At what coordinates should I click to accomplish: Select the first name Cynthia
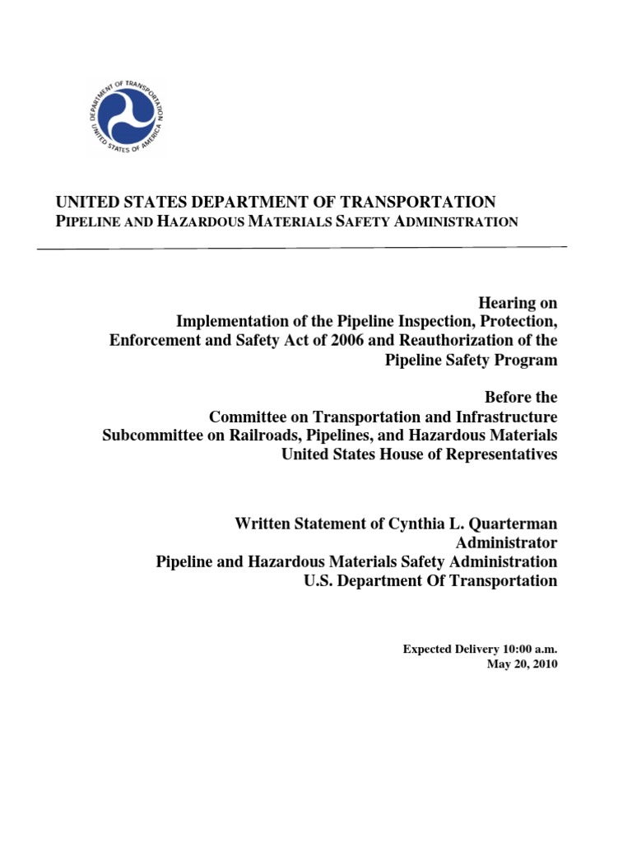click(383, 523)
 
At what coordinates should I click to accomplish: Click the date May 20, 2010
click(522, 664)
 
